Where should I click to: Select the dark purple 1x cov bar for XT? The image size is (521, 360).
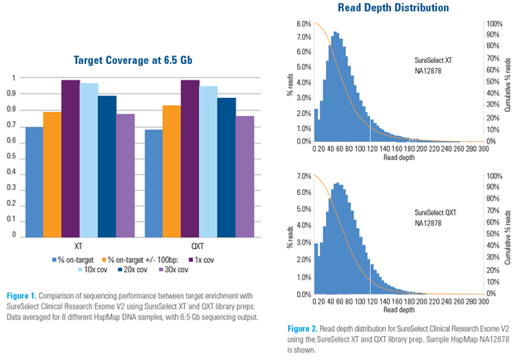[71, 158]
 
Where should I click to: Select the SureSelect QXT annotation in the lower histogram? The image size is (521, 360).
[435, 212]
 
